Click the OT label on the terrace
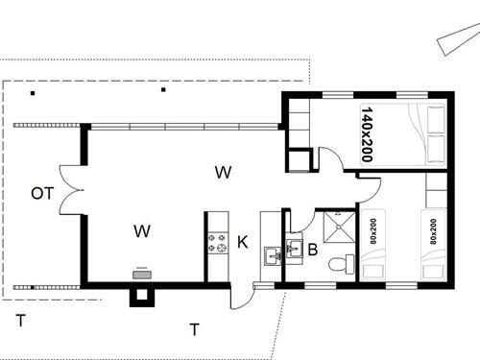click(41, 193)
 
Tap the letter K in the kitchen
click(243, 242)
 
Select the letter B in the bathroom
click(312, 252)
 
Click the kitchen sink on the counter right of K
click(272, 254)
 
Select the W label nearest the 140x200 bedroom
click(223, 173)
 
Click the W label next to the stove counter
click(142, 230)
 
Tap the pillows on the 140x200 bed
click(435, 132)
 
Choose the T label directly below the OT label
click(20, 320)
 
